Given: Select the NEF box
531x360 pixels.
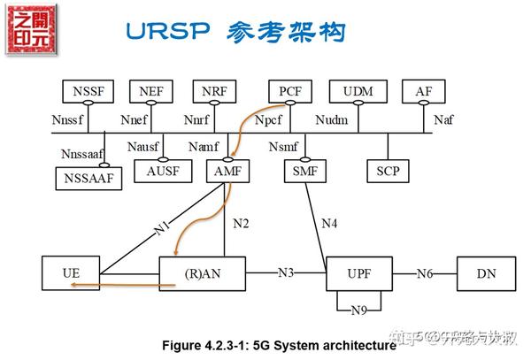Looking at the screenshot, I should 152,90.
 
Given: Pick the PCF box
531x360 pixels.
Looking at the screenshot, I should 291,90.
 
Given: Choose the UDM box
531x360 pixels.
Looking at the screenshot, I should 358,90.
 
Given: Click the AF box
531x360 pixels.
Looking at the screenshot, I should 423,90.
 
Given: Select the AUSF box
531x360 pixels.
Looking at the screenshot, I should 162,171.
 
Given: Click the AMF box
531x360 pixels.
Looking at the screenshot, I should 227,171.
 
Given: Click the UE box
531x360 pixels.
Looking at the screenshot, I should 71,273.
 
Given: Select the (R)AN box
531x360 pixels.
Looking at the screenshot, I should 202,273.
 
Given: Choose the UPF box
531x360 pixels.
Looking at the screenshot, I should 358,273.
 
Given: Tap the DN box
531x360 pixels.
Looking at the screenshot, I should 486,273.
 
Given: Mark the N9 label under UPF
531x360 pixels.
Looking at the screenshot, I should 358,310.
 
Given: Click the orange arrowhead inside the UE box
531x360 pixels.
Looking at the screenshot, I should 76,285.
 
